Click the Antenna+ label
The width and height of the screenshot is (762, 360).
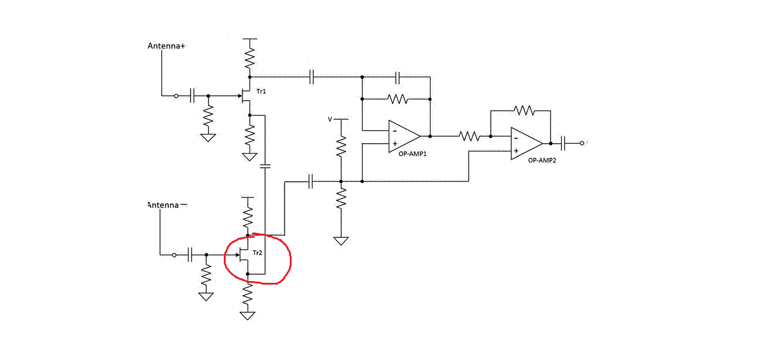pyautogui.click(x=167, y=46)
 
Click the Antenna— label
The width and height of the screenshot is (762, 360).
pyautogui.click(x=167, y=205)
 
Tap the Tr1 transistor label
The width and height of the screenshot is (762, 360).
pyautogui.click(x=261, y=91)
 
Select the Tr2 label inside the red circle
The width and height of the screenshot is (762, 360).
pyautogui.click(x=258, y=253)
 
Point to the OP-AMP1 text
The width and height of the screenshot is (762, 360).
pyautogui.click(x=413, y=154)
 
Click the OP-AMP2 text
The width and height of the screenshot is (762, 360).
pyautogui.click(x=542, y=160)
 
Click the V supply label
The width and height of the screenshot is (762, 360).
pyautogui.click(x=330, y=119)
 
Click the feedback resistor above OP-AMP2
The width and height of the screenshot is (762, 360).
pyautogui.click(x=524, y=110)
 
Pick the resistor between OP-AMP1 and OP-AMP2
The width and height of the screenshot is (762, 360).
pyautogui.click(x=469, y=136)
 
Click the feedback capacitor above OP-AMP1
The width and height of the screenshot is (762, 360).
pyautogui.click(x=398, y=77)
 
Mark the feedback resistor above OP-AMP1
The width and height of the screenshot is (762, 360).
pyautogui.click(x=397, y=99)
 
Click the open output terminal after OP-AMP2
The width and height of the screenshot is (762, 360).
pyautogui.click(x=582, y=143)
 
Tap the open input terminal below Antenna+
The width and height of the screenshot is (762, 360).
pyautogui.click(x=176, y=96)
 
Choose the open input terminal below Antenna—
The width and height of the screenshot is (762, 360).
pyautogui.click(x=174, y=255)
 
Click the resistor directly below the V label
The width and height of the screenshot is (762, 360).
pyautogui.click(x=341, y=146)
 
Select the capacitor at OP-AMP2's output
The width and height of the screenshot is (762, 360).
pyautogui.click(x=563, y=143)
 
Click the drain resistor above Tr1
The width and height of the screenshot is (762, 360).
pyautogui.click(x=250, y=58)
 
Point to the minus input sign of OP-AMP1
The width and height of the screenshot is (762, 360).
pyautogui.click(x=394, y=131)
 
